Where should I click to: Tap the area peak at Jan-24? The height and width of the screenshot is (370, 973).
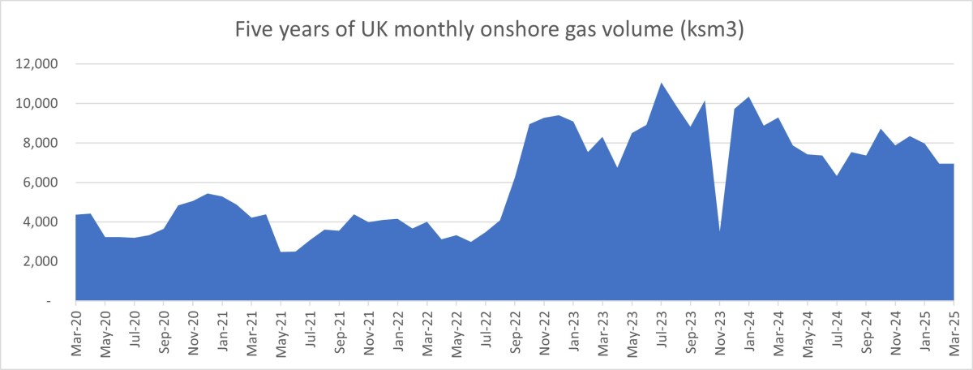(x=748, y=98)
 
